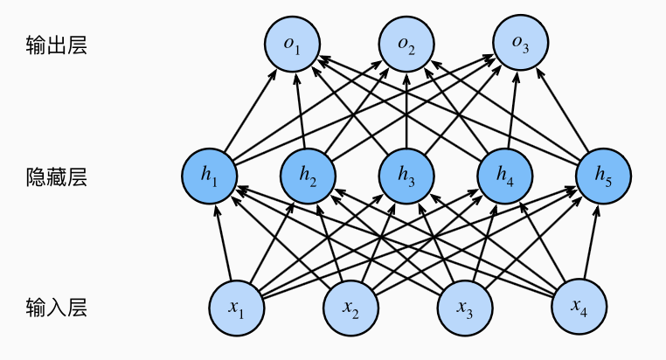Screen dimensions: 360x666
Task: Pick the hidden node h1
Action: coord(209,176)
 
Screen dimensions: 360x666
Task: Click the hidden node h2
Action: coord(308,176)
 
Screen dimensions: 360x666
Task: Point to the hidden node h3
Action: coord(406,176)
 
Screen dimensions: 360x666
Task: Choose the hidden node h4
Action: coord(506,176)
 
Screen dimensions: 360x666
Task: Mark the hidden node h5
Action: coord(604,176)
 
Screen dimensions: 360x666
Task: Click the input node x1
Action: coord(237,307)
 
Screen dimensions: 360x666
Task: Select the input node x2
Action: coord(350,307)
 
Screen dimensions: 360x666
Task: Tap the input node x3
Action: coord(464,307)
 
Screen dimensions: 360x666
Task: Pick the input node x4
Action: coord(578,307)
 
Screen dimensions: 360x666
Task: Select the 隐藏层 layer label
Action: coord(57,177)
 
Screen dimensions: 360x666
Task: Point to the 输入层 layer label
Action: coord(57,308)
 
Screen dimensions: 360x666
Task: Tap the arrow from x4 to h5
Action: coord(590,245)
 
